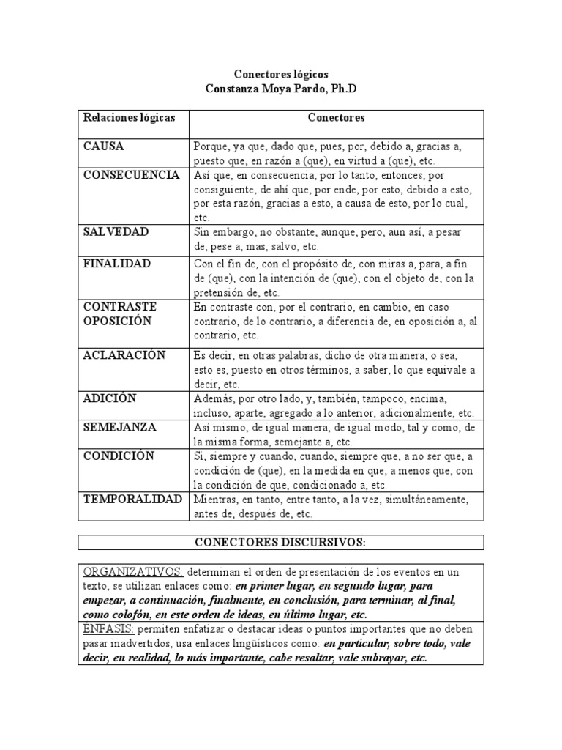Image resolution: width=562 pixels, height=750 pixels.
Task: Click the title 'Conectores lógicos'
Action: coord(281,75)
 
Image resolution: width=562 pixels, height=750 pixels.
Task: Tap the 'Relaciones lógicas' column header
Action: coord(130,117)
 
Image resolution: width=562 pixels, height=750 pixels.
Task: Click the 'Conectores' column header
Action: coord(336,117)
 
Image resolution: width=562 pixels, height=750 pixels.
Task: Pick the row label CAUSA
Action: coord(104,146)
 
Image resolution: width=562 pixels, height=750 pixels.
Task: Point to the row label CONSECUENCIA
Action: coord(132,175)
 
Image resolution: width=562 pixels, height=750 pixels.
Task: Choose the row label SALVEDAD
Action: coord(116,231)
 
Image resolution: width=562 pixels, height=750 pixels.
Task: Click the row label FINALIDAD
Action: coord(117,263)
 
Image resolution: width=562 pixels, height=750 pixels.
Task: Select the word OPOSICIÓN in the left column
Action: coord(118,321)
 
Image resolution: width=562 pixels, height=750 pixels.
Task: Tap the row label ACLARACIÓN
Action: coord(124,355)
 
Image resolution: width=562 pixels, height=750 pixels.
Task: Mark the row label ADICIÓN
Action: coord(110,398)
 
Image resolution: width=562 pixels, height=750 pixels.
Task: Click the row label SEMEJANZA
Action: coord(119,427)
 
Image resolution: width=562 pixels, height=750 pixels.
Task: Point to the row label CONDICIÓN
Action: coord(119,456)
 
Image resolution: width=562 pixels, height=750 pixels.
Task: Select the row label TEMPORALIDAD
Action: coord(132,500)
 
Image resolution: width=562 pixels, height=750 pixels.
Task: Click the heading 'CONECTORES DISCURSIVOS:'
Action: coord(281,542)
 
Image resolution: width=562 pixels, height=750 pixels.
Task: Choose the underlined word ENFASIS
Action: coord(108,629)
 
